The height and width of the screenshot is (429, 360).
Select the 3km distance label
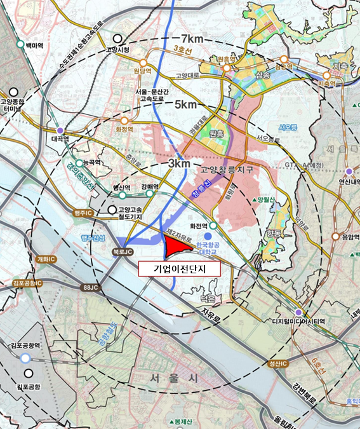point(179,164)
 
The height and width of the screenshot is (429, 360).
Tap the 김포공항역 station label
point(25,346)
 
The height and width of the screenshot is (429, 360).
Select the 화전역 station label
point(199,224)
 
